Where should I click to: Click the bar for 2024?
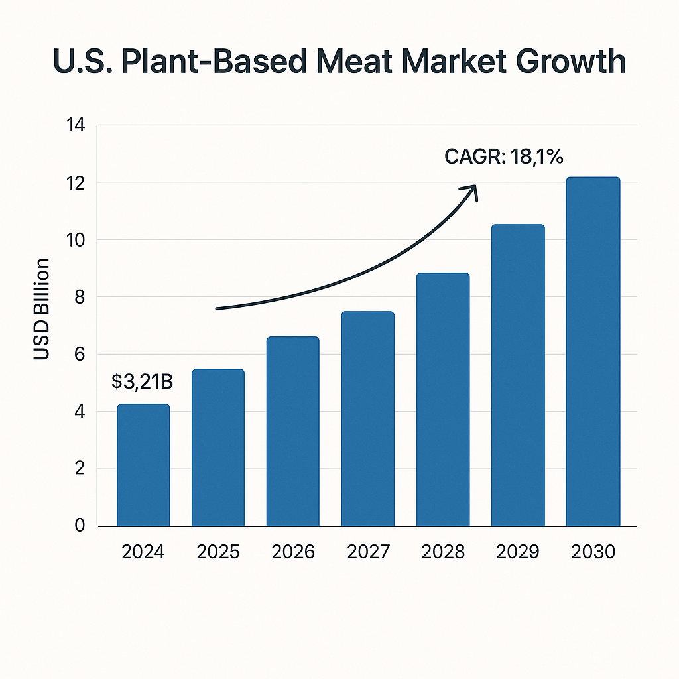coord(143,465)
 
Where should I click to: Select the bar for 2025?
coord(218,448)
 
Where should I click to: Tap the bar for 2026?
coord(293,432)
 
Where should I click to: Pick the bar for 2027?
coord(368,419)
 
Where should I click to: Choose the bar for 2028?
coord(443,400)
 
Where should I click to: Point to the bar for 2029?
coord(518,376)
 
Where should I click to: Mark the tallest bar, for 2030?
coord(593,352)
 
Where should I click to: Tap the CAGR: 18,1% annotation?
coord(504,157)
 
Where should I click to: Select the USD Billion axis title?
coord(42,309)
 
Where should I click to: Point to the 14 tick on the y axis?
coord(75,125)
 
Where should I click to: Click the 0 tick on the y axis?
coord(80,526)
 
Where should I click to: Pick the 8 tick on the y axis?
coord(80,297)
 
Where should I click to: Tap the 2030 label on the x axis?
coord(593,552)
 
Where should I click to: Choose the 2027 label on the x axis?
coord(368,552)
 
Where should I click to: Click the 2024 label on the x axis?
coord(143,552)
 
